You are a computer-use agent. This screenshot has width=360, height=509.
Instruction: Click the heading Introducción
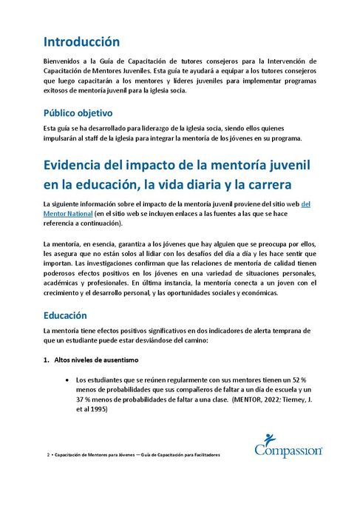point(81,41)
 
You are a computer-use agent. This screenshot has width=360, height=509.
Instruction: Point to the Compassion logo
point(288,444)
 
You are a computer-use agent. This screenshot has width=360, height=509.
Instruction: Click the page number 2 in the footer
point(47,454)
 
